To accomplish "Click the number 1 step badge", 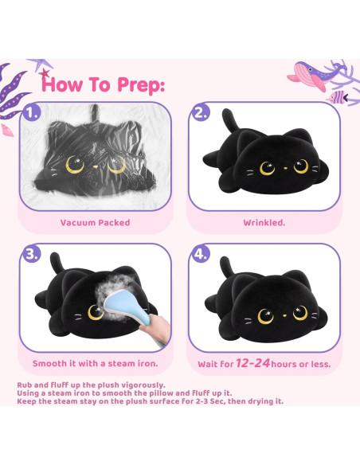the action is [31, 112].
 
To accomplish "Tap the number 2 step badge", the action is [201, 112].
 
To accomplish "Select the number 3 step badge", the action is [31, 253].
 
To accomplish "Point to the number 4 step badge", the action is [201, 253].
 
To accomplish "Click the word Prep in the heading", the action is [140, 85].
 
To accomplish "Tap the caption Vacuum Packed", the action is [96, 222].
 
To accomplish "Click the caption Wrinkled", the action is [264, 222].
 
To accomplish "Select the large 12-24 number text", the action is [253, 363].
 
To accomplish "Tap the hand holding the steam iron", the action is [155, 328].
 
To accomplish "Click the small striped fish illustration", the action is [338, 97].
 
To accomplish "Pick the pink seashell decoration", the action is [7, 131].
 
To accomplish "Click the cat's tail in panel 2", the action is [230, 120].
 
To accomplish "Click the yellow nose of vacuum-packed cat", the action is [96, 167].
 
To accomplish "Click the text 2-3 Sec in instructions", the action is [211, 401].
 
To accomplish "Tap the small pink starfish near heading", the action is [45, 73].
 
